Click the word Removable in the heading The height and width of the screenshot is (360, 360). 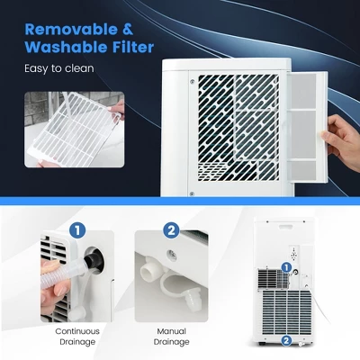point(71,30)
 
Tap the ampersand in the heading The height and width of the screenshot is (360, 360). point(128,30)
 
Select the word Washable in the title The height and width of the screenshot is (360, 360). point(66,47)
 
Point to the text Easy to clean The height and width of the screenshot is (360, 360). point(59,68)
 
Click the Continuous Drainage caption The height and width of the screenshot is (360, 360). point(77,337)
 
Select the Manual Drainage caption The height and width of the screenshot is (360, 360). point(171,337)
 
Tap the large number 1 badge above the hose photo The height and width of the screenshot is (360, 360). point(77,231)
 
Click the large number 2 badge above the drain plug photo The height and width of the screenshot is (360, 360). point(171,231)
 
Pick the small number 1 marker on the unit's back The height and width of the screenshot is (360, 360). point(286,267)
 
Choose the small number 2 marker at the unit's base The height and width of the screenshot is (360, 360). point(286,340)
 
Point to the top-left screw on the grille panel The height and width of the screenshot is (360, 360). point(192,81)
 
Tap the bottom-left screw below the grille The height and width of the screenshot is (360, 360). point(192,194)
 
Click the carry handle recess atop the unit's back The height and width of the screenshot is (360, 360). point(286,226)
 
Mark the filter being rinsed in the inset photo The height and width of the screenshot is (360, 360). point(73,128)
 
